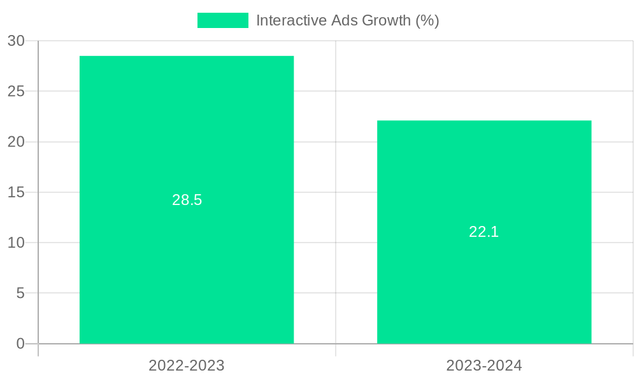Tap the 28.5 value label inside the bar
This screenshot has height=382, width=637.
click(x=187, y=200)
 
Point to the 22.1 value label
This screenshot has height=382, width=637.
click(x=484, y=232)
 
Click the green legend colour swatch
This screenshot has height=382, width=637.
click(x=222, y=20)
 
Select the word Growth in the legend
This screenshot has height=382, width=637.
click(x=386, y=20)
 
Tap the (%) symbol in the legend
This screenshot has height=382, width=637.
click(x=427, y=20)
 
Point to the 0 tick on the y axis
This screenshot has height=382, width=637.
click(x=20, y=344)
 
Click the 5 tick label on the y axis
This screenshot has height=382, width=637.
click(x=20, y=294)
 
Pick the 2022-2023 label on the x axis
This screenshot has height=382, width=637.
click(x=187, y=365)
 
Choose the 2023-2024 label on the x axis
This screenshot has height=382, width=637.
click(x=484, y=365)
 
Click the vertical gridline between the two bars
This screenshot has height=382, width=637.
click(x=336, y=191)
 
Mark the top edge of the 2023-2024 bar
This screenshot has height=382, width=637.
click(x=484, y=121)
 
